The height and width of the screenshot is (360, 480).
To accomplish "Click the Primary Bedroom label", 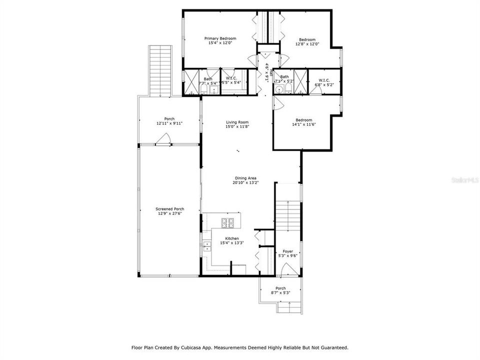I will (220, 38).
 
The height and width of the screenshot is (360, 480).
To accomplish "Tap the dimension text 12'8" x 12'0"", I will (307, 44).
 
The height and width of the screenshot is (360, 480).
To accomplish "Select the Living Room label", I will (237, 122).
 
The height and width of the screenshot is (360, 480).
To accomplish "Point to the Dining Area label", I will (246, 178).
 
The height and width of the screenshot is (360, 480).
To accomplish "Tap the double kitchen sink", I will (206, 245).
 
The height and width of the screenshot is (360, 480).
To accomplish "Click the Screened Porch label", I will (170, 209).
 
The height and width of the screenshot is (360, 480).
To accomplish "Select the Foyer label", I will (288, 251).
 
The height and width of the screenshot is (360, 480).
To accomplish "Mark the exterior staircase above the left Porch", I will (160, 70).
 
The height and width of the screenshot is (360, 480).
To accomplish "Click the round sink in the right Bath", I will (279, 89).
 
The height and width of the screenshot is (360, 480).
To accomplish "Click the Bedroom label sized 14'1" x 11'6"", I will (303, 120).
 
